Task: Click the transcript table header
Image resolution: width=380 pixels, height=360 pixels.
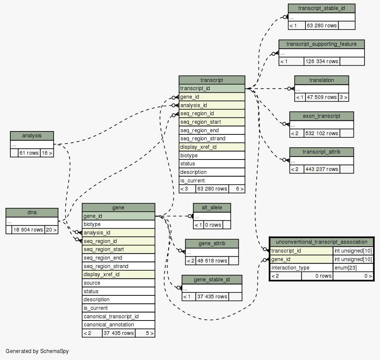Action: (x=212, y=80)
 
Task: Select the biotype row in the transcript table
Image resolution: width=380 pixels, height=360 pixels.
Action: (x=212, y=155)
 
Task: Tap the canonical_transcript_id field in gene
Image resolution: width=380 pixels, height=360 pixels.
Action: (x=118, y=316)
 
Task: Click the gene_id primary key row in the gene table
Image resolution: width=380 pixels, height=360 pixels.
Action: (x=118, y=216)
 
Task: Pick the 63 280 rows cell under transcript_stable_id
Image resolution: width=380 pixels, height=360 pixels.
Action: (x=322, y=25)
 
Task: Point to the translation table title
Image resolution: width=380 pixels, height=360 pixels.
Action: (x=322, y=80)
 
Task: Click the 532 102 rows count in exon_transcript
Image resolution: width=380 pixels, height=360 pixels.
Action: (x=322, y=133)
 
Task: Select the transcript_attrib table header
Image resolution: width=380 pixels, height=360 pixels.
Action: (x=322, y=152)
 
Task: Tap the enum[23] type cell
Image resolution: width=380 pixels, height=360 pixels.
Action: (x=353, y=268)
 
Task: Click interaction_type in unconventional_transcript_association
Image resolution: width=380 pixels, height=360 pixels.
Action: (x=301, y=268)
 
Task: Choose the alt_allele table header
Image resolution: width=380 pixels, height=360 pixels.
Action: (x=212, y=208)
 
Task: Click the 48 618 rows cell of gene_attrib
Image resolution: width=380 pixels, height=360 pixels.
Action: (x=212, y=261)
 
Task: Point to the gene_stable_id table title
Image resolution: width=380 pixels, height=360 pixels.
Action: (x=212, y=280)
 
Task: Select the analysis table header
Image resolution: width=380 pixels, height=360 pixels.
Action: (x=32, y=136)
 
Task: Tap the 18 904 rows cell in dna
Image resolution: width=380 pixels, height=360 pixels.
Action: (x=28, y=230)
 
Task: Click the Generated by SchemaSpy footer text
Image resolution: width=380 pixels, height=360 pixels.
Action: (x=37, y=351)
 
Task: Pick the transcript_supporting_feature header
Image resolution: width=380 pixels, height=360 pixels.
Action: (x=322, y=44)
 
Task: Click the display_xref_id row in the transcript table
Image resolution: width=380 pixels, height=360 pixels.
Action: (x=212, y=147)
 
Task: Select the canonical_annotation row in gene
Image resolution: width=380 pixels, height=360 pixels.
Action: (x=118, y=325)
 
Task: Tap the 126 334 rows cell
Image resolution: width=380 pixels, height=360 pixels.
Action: (x=322, y=61)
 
